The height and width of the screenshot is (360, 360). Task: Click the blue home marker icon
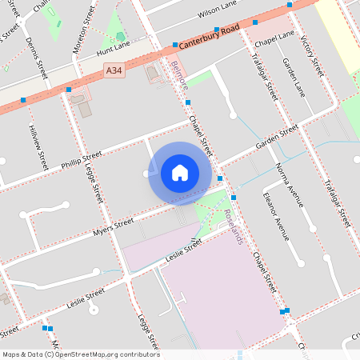tap(180, 172)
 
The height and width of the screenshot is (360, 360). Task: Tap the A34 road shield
tap(114, 71)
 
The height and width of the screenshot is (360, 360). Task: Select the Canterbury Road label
tap(210, 37)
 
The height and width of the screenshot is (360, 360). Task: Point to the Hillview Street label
tap(38, 146)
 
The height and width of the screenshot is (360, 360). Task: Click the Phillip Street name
tap(82, 159)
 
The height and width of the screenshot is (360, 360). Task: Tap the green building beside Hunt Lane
tap(121, 36)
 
